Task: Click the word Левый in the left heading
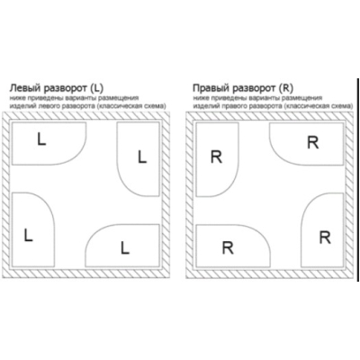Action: tap(25, 88)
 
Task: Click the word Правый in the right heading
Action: tap(211, 88)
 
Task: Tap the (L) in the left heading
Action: tap(96, 88)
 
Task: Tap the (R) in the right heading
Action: tap(285, 88)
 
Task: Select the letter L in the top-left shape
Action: tap(41, 139)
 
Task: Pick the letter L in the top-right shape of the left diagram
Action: tap(142, 157)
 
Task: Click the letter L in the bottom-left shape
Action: tap(28, 235)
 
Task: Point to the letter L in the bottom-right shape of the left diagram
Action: tap(125, 247)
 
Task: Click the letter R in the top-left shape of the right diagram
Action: tap(216, 157)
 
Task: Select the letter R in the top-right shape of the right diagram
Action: tap(313, 142)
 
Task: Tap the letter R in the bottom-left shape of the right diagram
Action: tap(228, 247)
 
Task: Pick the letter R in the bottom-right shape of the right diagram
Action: tap(325, 238)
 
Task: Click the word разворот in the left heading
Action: tap(65, 89)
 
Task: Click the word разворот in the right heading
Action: tap(254, 89)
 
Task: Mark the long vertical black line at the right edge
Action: tap(358, 180)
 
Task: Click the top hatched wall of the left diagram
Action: tap(86, 116)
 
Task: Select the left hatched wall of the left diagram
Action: tap(6, 195)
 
